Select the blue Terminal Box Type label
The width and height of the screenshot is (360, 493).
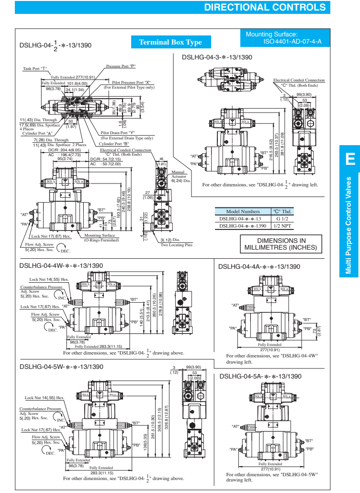coord(170,42)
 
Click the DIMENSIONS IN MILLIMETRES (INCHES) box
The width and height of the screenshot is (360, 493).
coord(281,244)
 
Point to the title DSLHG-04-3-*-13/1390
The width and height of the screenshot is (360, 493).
coord(217,57)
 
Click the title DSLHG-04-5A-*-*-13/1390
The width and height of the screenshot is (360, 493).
coord(260,376)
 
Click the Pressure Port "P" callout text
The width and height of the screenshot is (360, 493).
coord(121,66)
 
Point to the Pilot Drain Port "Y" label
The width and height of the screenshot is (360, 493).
coord(118,133)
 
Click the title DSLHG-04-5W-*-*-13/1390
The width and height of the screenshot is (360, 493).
coord(61,367)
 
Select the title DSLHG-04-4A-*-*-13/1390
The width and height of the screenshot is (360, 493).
coord(259,266)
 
